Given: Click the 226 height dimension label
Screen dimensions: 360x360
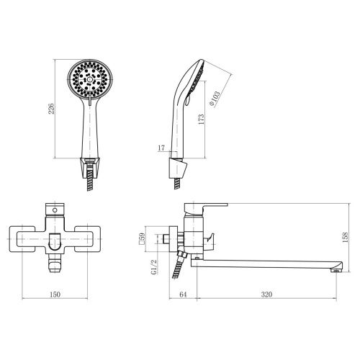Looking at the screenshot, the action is [x=51, y=109].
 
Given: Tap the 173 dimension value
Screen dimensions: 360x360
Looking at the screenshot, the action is [x=201, y=120].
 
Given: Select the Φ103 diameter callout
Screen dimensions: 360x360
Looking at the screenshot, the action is [x=215, y=99].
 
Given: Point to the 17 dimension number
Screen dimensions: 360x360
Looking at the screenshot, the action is [x=161, y=148].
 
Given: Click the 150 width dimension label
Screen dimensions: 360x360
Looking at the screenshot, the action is [x=55, y=294].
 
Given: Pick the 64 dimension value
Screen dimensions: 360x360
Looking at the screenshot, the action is [x=183, y=294].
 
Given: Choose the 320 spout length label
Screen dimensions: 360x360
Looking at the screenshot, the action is [x=266, y=294].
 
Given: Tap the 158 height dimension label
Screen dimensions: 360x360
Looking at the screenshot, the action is [x=345, y=237].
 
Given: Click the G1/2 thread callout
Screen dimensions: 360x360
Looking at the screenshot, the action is [x=154, y=267].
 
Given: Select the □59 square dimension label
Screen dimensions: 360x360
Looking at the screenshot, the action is [x=142, y=238].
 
